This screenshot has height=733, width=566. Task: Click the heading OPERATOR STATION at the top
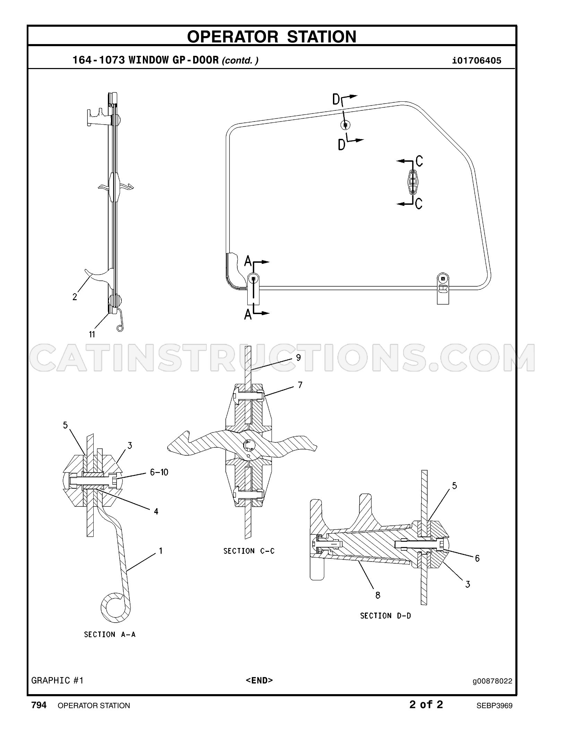pyautogui.click(x=272, y=36)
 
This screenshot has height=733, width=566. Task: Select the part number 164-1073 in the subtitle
pyautogui.click(x=99, y=60)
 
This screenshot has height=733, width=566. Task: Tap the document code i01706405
pyautogui.click(x=477, y=61)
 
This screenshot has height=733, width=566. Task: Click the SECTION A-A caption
pyautogui.click(x=110, y=634)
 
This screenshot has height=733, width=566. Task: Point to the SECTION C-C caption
pyautogui.click(x=249, y=551)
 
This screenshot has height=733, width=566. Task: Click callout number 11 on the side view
pyautogui.click(x=92, y=334)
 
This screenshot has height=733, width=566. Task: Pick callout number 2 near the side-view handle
pyautogui.click(x=75, y=297)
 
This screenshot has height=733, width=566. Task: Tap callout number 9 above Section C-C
pyautogui.click(x=299, y=357)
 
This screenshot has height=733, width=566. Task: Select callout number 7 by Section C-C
pyautogui.click(x=300, y=385)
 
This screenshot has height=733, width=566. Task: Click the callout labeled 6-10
pyautogui.click(x=159, y=472)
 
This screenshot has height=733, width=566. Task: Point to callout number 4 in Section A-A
pyautogui.click(x=156, y=511)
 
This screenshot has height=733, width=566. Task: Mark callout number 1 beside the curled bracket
pyautogui.click(x=161, y=550)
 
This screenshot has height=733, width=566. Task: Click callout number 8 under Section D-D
pyautogui.click(x=378, y=595)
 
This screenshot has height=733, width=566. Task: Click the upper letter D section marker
pyautogui.click(x=336, y=100)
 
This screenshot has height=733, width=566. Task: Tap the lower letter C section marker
pyautogui.click(x=419, y=203)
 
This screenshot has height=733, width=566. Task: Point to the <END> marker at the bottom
pyautogui.click(x=259, y=680)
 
